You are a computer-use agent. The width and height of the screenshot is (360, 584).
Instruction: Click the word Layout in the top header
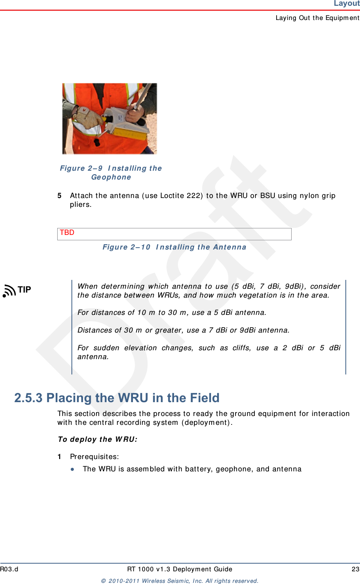pyautogui.click(x=346, y=3)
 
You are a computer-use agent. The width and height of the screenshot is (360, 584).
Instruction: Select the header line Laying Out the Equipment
pyautogui.click(x=317, y=18)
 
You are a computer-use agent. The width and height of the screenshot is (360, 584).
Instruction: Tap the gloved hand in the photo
pyautogui.click(x=88, y=117)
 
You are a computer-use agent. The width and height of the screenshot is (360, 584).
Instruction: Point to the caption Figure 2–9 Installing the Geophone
pyautogui.click(x=111, y=173)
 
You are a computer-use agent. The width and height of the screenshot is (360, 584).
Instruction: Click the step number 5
pyautogui.click(x=60, y=196)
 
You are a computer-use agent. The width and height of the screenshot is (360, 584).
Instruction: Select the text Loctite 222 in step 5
pyautogui.click(x=180, y=196)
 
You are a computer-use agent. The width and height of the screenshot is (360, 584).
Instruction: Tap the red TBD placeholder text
pyautogui.click(x=67, y=233)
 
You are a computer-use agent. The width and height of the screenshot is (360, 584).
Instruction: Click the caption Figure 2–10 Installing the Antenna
pyautogui.click(x=174, y=247)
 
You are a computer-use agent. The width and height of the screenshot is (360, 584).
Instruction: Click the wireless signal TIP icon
pyautogui.click(x=9, y=291)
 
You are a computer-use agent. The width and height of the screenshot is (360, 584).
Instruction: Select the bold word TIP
pyautogui.click(x=25, y=290)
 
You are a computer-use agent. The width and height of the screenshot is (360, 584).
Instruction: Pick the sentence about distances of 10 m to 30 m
pyautogui.click(x=172, y=313)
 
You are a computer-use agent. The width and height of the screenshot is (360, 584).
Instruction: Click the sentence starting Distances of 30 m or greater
pyautogui.click(x=183, y=330)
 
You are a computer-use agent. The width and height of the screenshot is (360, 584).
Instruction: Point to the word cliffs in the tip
pyautogui.click(x=241, y=348)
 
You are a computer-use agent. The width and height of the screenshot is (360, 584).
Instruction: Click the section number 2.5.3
pyautogui.click(x=28, y=398)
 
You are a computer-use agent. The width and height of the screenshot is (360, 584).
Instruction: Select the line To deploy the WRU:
pyautogui.click(x=98, y=439)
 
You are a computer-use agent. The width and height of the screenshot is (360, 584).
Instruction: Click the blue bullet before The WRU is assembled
pyautogui.click(x=72, y=469)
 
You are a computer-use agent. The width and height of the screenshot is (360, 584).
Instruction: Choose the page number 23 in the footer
pyautogui.click(x=355, y=569)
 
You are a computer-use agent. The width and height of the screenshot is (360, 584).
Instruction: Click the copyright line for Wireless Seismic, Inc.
pyautogui.click(x=179, y=581)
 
